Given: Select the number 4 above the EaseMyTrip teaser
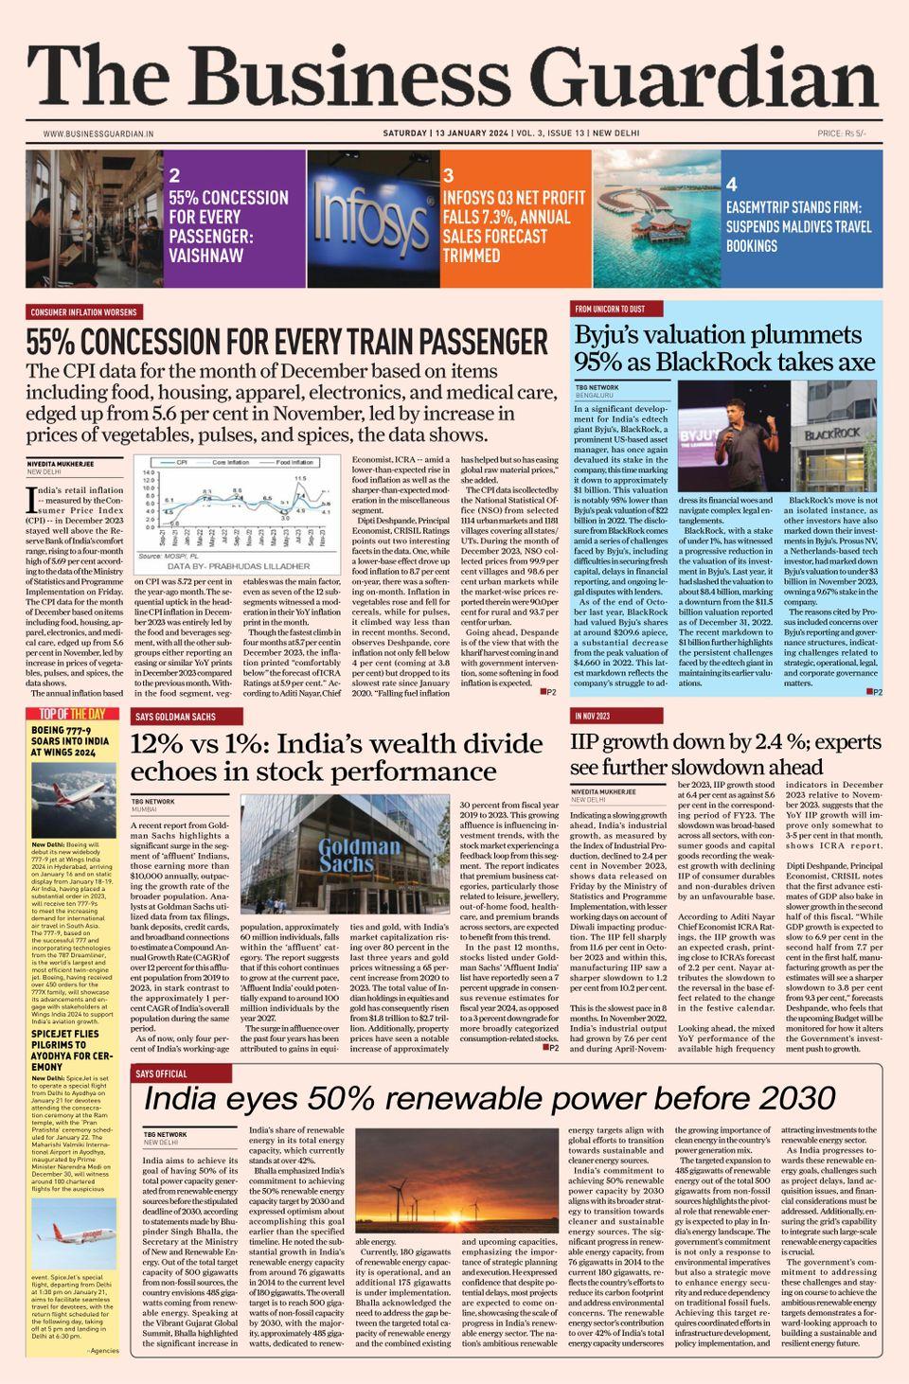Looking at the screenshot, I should [731, 184].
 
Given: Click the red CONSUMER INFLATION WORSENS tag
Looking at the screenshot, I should [83, 311].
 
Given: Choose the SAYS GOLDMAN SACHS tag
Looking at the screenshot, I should [175, 718].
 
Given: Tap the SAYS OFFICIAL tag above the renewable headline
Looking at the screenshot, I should [161, 1074].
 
